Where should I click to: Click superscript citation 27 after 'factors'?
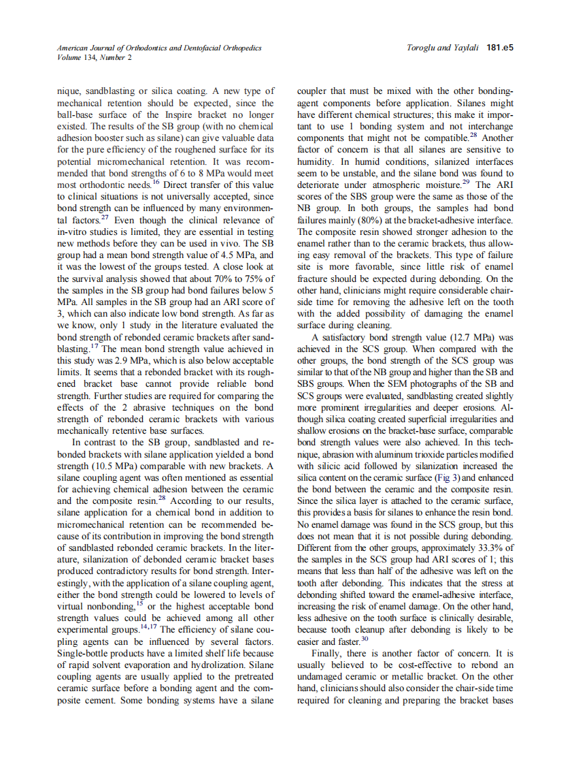105,217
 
